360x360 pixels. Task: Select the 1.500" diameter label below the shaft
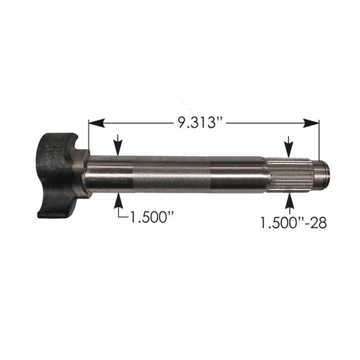[x=148, y=217]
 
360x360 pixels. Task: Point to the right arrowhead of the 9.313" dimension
[x=314, y=122]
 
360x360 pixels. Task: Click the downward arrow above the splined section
[x=288, y=150]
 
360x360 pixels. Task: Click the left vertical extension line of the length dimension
[x=88, y=137]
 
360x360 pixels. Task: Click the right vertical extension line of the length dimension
[x=319, y=141]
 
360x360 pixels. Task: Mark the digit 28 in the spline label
[x=321, y=224]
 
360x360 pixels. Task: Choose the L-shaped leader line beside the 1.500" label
[x=120, y=214]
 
